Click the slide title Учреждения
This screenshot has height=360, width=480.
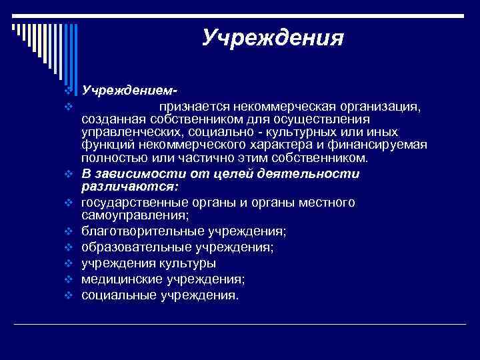273,37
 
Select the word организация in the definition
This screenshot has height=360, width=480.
381,105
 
